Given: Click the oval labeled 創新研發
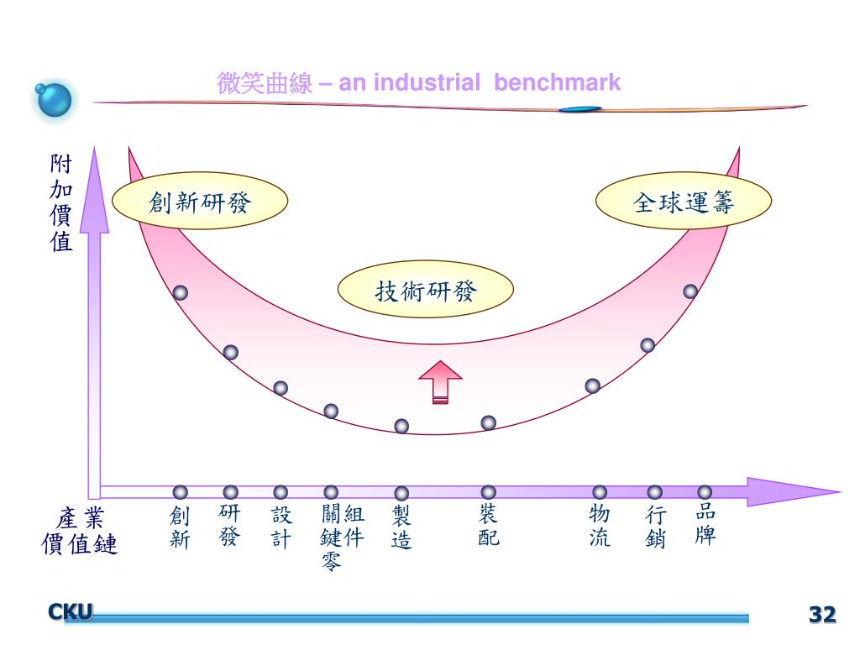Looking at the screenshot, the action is pos(200,201).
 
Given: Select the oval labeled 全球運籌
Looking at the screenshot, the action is pos(684,201).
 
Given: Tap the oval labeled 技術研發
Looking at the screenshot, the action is pos(426,289).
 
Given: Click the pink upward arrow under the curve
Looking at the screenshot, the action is pos(440,382).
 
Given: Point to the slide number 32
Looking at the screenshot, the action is pos(822,614).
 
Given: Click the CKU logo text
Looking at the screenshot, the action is pos(71,611).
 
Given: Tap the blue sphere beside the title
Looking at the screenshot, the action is pos(53,100).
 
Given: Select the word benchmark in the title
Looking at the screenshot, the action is pos(557,82).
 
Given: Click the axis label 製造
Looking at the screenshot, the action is pos(401,527).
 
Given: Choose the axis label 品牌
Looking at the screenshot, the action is pos(705,524).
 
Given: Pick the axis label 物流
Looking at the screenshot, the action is pos(600,526).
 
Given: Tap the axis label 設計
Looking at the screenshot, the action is pos(281,527).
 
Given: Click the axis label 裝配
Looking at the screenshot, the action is pos(488,525).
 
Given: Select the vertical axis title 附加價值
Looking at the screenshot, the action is pos(60,203).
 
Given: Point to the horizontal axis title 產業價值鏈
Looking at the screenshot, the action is pos(80,531).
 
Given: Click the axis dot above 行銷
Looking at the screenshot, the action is pos(654,492).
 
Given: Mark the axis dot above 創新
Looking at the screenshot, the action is pos(180,492).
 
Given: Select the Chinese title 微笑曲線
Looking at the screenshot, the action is pos(265,83).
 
